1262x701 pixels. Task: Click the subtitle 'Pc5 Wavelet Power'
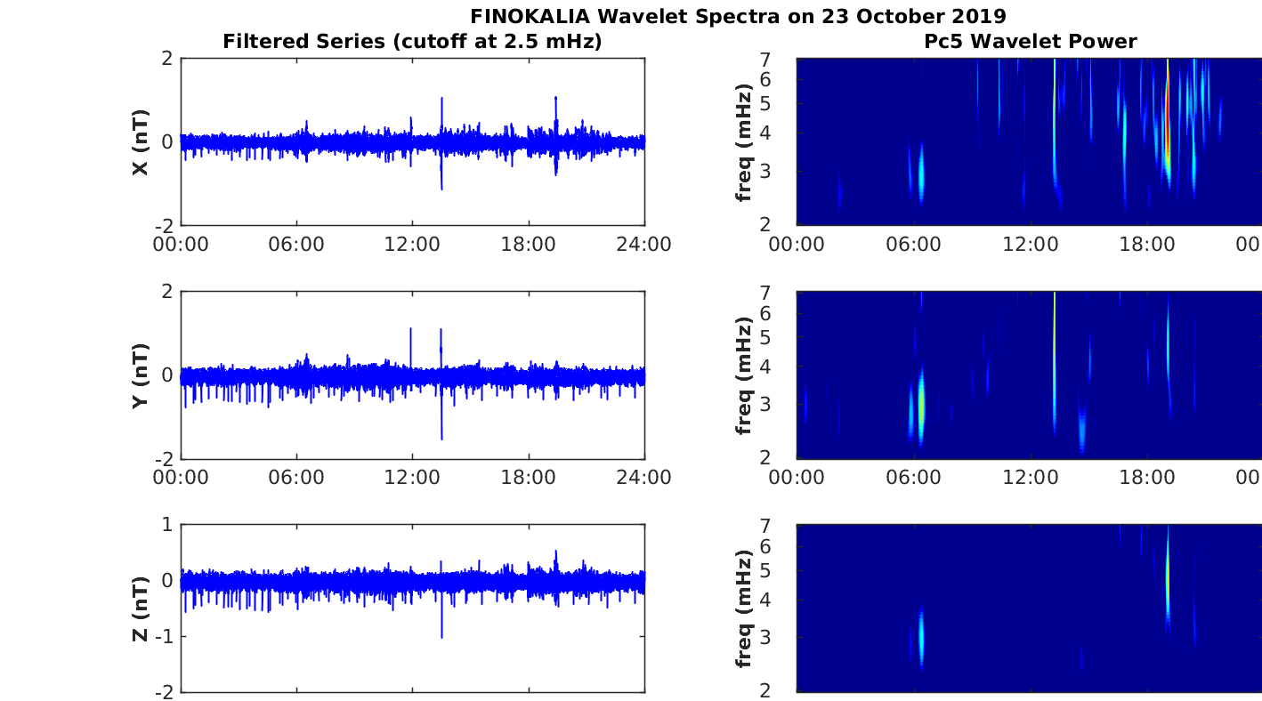coord(1030,41)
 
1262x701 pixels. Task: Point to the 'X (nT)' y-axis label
coord(141,142)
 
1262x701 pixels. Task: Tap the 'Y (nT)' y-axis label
coord(141,375)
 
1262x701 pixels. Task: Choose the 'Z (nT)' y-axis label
coord(141,608)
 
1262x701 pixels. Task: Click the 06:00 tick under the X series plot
coord(296,245)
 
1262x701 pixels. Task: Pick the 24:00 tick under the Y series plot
coord(643,478)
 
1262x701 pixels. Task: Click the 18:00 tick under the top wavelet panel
coord(1147,245)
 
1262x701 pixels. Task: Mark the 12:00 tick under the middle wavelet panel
coord(1030,478)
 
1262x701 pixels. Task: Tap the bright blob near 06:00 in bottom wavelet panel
coord(921,636)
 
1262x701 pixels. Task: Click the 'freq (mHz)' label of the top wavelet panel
coord(745,142)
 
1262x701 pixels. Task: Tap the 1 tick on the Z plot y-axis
coord(167,525)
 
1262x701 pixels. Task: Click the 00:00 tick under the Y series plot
coord(181,478)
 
